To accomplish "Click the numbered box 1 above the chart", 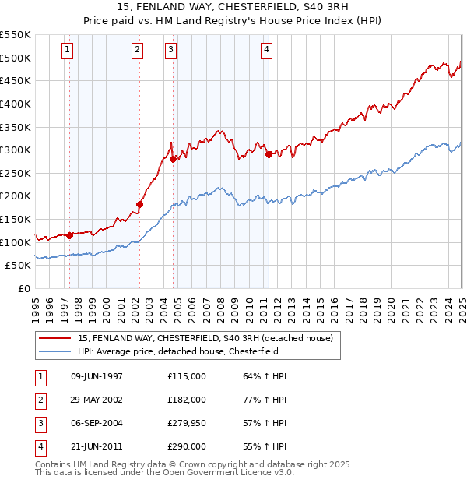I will tap(68, 50).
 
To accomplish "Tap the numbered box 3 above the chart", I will tap(170, 50).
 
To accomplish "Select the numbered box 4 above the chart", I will tap(266, 50).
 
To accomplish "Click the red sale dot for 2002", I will tap(140, 205).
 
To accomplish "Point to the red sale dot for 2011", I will tap(269, 154).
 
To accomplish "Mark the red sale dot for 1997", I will tap(69, 234).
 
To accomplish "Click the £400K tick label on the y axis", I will tap(16, 104).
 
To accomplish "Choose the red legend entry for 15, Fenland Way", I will tap(205, 338).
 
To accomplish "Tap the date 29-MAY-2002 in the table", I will tap(97, 400).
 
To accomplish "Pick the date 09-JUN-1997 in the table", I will tap(97, 376).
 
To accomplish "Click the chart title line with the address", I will tap(233, 7).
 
